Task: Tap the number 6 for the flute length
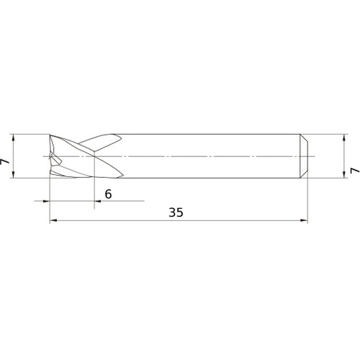tap(108, 194)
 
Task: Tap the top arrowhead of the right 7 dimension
tap(344, 138)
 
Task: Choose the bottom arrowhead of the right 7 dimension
tap(344, 175)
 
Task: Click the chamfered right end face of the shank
tap(305, 156)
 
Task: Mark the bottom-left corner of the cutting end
tap(50, 177)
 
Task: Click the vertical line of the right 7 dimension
tap(344, 156)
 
